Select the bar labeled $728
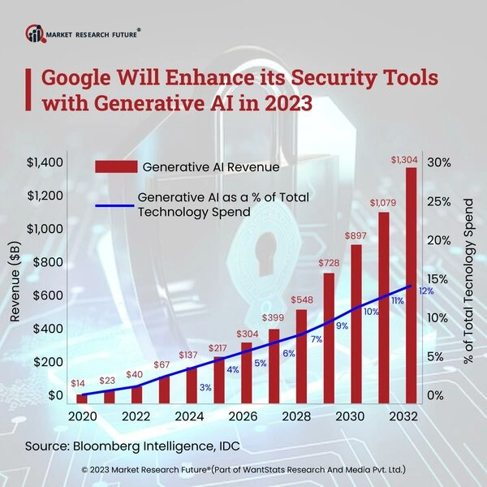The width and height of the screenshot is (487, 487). click(x=329, y=338)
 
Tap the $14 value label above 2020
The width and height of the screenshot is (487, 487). click(x=80, y=381)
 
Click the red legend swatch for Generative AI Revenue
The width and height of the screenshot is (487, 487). click(x=115, y=167)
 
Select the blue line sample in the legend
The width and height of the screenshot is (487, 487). click(x=115, y=205)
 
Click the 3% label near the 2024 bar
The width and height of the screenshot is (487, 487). click(x=205, y=387)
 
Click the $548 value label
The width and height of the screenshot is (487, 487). click(x=301, y=298)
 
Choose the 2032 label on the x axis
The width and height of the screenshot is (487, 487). click(x=403, y=416)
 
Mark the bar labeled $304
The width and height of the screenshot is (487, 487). click(x=246, y=373)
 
